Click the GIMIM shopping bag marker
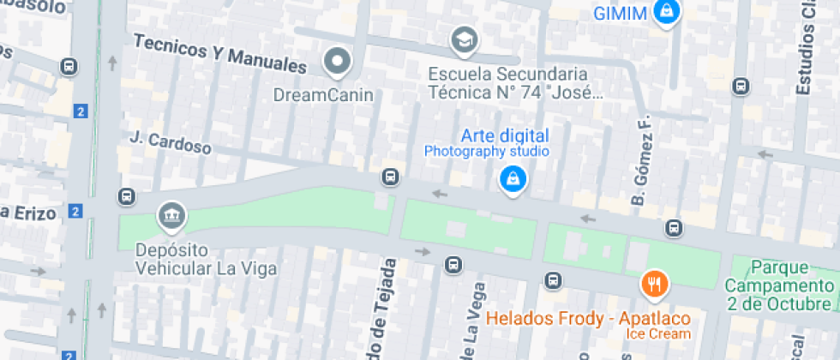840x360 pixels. tap(665, 12)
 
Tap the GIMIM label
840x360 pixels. tap(620, 13)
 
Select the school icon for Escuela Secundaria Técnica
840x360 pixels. tap(464, 39)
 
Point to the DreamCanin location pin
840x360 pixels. tap(338, 61)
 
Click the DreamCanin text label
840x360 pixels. tap(323, 94)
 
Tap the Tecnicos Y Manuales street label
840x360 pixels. tap(220, 53)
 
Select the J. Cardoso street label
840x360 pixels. tap(171, 142)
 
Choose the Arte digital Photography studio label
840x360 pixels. tap(487, 143)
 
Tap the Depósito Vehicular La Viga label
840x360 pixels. tap(206, 259)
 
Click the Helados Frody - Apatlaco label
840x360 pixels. tap(590, 319)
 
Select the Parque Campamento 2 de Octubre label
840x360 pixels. tap(779, 285)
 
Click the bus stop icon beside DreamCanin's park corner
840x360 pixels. tap(390, 177)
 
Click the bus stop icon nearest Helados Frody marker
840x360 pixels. tap(554, 280)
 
